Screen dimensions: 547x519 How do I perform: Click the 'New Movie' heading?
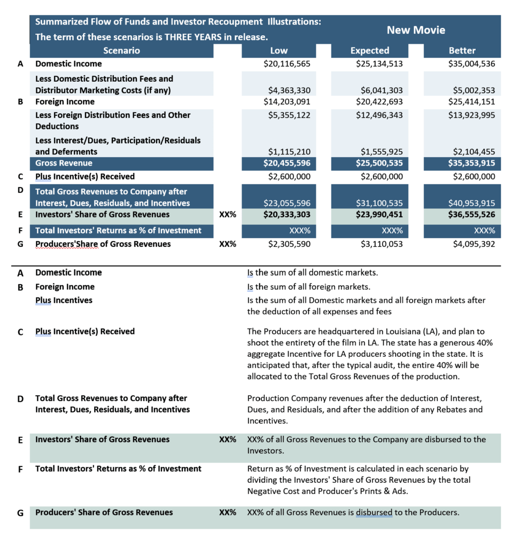416,30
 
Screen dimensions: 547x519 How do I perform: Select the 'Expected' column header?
369,51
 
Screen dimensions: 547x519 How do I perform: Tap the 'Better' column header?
462,51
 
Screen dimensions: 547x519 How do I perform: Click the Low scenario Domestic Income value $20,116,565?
287,64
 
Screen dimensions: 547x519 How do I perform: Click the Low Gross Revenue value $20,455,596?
287,163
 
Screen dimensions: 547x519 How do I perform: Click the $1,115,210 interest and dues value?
289,152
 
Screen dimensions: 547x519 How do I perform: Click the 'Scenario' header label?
121,51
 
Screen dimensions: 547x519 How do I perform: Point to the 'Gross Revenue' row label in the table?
64,163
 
